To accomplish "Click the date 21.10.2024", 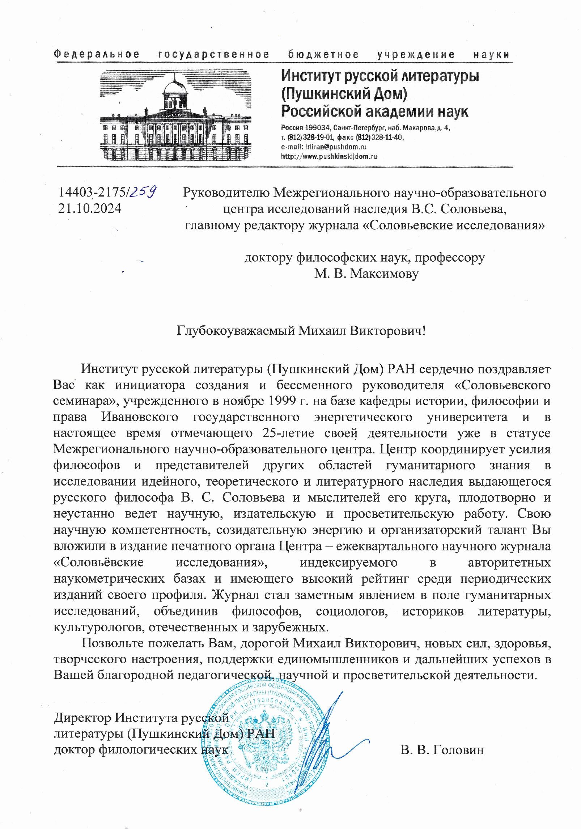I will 89,209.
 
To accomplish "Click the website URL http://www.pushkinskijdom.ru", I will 329,156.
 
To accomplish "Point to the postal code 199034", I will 315,128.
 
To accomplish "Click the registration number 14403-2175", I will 92,193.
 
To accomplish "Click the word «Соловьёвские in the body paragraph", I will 98,563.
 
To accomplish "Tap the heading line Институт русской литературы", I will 380,76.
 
